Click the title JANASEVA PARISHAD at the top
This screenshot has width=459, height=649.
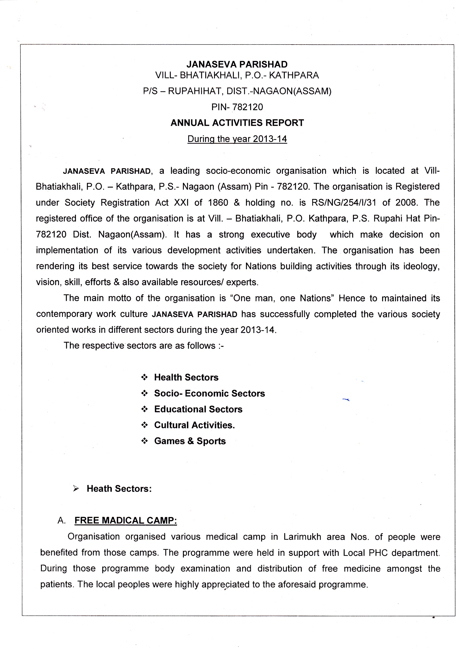(237, 65)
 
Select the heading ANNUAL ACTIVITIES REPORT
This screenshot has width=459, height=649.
(237, 123)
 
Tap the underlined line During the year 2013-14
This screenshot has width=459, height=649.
(237, 139)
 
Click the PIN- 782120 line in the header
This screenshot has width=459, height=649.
(237, 107)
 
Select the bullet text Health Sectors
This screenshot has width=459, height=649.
(186, 377)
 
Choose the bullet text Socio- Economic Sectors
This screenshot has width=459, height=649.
(210, 393)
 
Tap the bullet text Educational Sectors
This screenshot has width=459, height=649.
(198, 409)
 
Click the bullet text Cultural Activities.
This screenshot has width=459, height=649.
(194, 425)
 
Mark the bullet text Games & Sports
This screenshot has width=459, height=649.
(190, 441)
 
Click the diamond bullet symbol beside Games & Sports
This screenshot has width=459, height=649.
(144, 441)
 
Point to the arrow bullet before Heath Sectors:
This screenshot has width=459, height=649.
(76, 488)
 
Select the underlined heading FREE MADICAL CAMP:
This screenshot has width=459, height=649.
(126, 520)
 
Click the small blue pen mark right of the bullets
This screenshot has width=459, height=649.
(346, 399)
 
